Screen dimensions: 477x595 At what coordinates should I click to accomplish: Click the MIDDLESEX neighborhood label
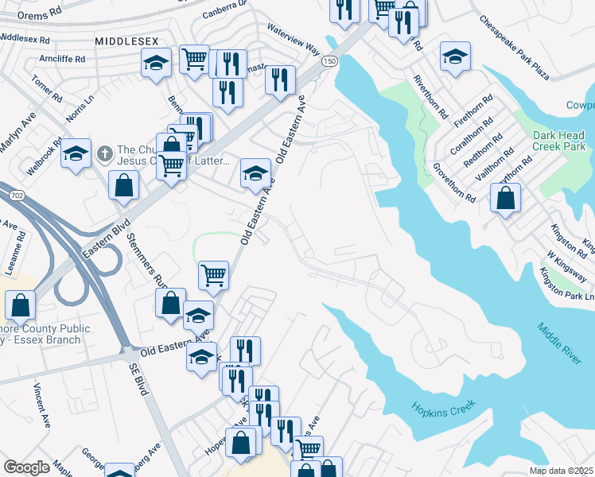(x=126, y=40)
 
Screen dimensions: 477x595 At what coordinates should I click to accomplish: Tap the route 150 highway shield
(x=328, y=61)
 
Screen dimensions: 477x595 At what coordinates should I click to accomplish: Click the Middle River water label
(x=558, y=343)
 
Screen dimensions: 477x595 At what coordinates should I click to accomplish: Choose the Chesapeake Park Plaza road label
(x=515, y=48)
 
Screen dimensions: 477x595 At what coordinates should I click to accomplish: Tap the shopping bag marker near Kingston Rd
(x=506, y=198)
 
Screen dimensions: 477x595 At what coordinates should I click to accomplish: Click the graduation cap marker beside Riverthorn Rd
(x=455, y=57)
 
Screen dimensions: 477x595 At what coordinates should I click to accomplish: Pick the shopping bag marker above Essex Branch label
(x=20, y=304)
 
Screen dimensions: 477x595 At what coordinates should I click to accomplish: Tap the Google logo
(x=26, y=467)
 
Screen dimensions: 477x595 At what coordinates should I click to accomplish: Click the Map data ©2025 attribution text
(x=562, y=471)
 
